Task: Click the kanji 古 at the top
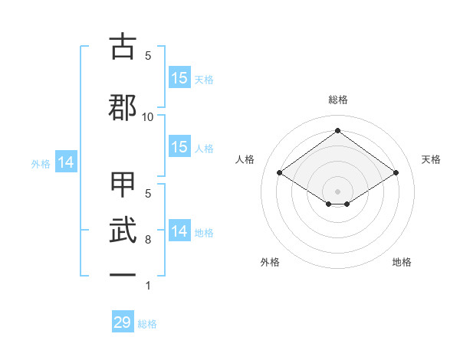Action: coord(122,47)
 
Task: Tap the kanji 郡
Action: coord(122,108)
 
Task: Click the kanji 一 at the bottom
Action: coord(122,273)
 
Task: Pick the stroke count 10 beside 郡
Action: coord(148,116)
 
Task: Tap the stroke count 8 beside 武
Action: coord(148,240)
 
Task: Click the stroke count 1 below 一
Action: coord(148,286)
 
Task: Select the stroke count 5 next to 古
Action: coord(148,55)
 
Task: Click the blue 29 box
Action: coord(123,322)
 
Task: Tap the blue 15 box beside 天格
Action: coord(179,78)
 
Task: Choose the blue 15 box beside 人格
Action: coord(179,147)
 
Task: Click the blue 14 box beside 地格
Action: coord(179,231)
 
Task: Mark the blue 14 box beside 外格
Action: coord(65,162)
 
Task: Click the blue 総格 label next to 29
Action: coord(147,324)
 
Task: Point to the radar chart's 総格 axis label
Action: coord(338,100)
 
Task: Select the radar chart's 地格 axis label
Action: coord(402,262)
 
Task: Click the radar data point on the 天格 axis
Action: coord(396,173)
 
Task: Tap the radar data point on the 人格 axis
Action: coord(280,173)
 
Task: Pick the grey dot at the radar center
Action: coord(338,191)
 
